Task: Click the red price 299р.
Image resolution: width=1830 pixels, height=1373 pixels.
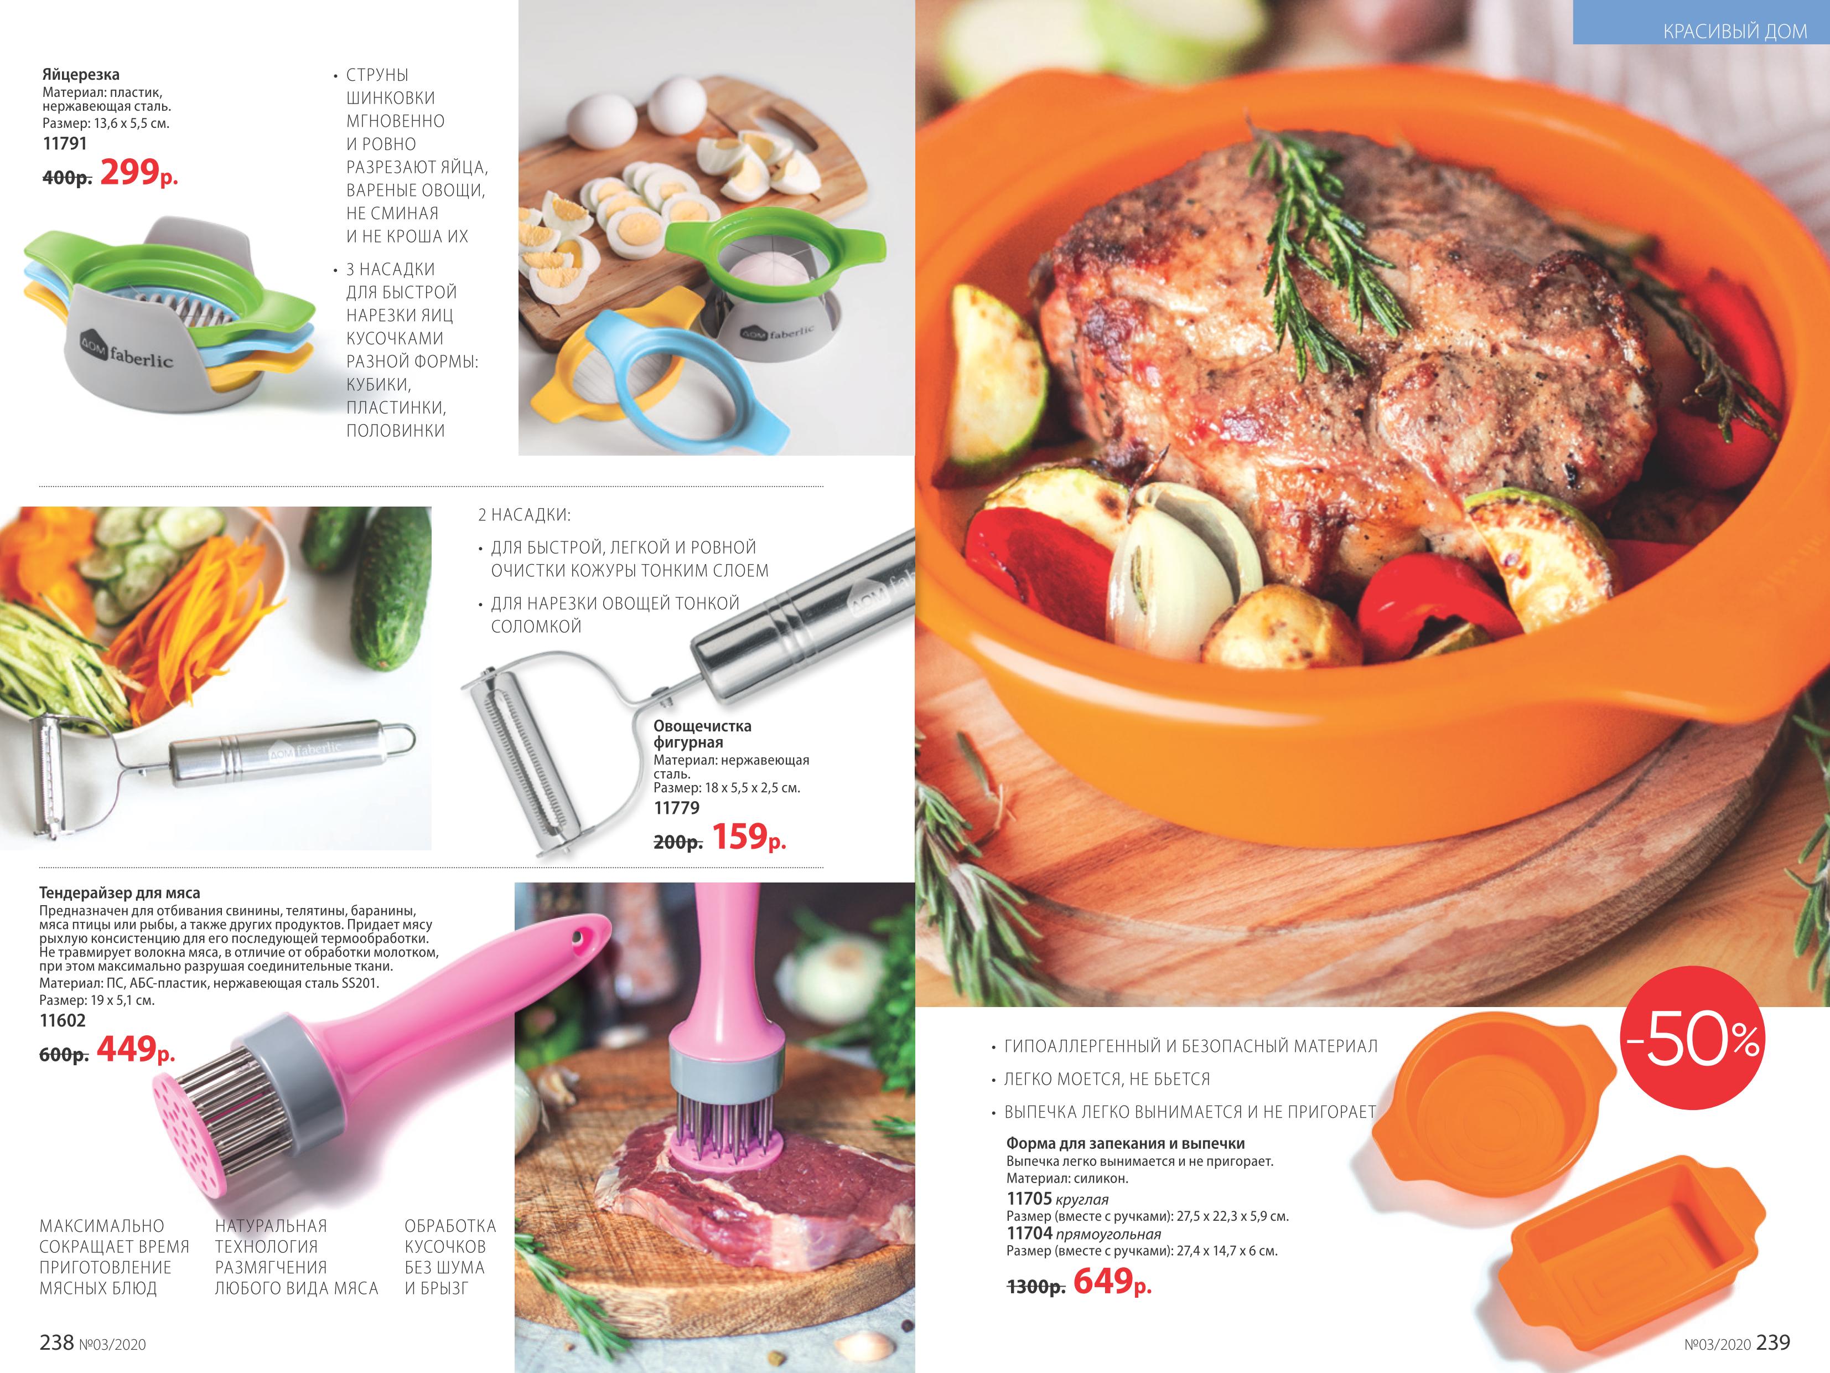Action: tap(139, 172)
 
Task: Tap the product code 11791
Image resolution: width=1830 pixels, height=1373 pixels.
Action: tap(65, 143)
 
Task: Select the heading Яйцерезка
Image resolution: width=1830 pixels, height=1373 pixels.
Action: tap(81, 75)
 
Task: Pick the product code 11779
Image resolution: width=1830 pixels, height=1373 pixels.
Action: tap(676, 808)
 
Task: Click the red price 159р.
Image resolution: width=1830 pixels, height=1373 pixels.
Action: tap(749, 837)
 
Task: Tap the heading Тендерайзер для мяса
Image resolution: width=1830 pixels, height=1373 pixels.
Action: tap(119, 893)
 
